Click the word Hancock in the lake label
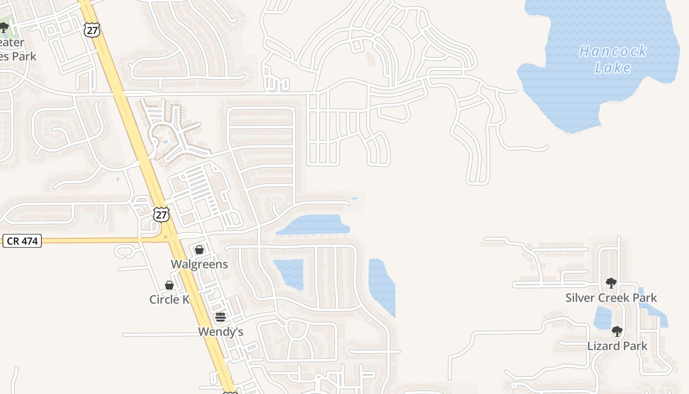pos(613,51)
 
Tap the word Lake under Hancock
pos(613,67)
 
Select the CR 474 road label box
pos(22,241)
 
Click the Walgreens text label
pos(199,264)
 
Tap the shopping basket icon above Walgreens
pos(199,250)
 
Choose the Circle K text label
pos(170,299)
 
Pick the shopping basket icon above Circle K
pos(169,286)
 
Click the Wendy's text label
pos(220,332)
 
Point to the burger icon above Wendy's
pos(220,317)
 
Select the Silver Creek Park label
pos(611,298)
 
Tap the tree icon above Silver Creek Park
pos(611,283)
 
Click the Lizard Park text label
pos(617,346)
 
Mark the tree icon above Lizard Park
pos(617,331)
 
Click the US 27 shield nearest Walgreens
pos(161,215)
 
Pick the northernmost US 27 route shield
pos(92,30)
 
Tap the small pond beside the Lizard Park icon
pos(602,317)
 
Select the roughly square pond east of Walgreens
pos(289,274)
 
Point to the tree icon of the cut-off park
pos(4,27)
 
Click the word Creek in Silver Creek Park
pos(611,298)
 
